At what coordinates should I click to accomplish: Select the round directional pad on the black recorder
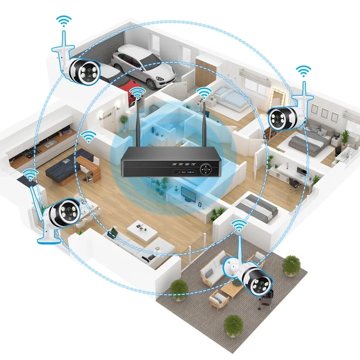(206, 168)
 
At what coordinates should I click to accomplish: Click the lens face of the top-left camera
(87, 72)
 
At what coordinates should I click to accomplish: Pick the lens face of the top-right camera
(278, 118)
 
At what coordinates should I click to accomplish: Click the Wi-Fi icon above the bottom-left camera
(31, 175)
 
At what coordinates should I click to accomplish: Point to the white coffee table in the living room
(142, 230)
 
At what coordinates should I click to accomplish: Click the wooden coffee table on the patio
(231, 288)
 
